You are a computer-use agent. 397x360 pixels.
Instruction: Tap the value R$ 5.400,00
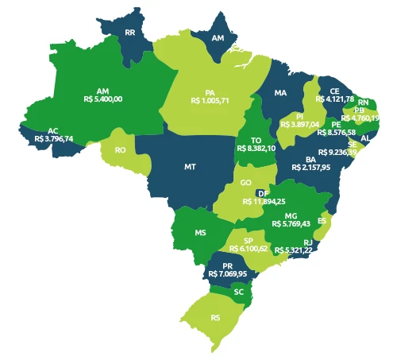point(102,99)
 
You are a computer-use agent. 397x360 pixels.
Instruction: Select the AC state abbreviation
point(52,130)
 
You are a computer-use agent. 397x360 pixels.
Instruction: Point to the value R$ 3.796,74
point(54,138)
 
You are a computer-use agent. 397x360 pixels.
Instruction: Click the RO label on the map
point(121,149)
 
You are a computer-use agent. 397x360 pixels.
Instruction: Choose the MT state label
point(190,167)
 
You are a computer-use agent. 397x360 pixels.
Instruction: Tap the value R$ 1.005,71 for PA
point(210,102)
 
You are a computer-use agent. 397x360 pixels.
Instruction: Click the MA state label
point(280,93)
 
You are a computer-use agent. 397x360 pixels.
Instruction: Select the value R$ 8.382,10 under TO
point(256,148)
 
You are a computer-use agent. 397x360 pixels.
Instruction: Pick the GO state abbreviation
point(246,183)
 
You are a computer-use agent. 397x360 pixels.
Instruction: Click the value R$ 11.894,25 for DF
point(264,202)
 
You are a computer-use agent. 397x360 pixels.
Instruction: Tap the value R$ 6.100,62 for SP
point(249,249)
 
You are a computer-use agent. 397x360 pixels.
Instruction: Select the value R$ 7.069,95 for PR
point(228,274)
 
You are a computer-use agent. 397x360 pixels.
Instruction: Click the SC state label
point(238,292)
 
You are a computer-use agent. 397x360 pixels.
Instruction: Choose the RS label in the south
point(215,317)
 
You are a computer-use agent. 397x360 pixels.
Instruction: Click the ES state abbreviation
point(322,220)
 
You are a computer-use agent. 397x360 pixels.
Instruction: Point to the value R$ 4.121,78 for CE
point(334,99)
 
